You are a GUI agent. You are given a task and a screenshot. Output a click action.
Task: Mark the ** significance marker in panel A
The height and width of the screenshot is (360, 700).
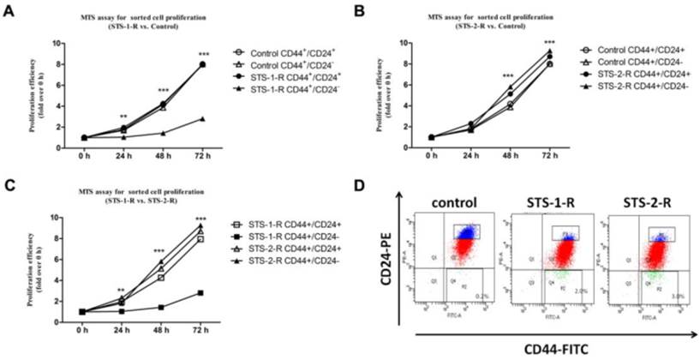click(x=123, y=116)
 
